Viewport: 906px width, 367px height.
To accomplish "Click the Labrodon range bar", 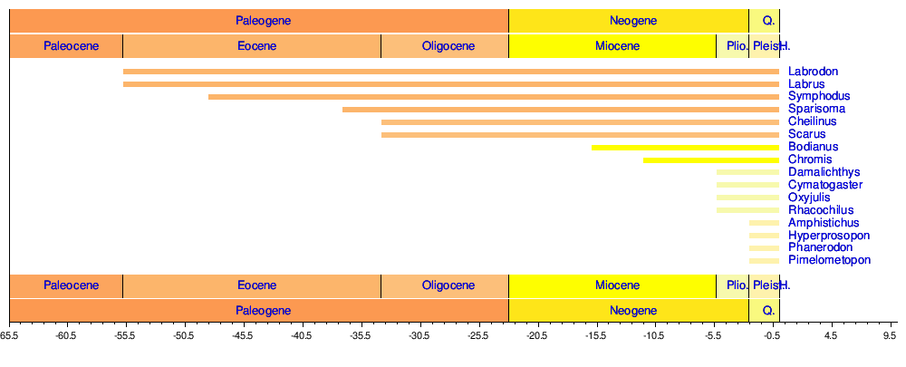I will point(451,72).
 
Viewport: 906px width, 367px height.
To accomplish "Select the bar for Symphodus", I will point(494,97).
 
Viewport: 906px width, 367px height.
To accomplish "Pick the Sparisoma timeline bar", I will point(561,110).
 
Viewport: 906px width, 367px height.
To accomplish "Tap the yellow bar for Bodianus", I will point(685,147).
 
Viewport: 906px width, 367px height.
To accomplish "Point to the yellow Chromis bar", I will point(711,159).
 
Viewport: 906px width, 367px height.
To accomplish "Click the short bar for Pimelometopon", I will point(764,261).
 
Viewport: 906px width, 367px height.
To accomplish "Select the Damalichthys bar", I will point(747,172).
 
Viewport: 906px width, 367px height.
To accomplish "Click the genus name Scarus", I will point(806,134).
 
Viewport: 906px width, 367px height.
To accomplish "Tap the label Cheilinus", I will point(812,121).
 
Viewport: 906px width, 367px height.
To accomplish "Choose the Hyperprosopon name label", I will point(828,236).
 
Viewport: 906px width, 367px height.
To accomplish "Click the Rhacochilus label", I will point(821,210).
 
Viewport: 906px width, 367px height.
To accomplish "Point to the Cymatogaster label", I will point(824,185).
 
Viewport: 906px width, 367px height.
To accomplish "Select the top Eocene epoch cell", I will point(252,46).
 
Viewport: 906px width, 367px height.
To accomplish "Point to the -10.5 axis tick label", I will point(654,335).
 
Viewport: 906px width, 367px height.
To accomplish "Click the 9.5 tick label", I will point(889,335).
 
